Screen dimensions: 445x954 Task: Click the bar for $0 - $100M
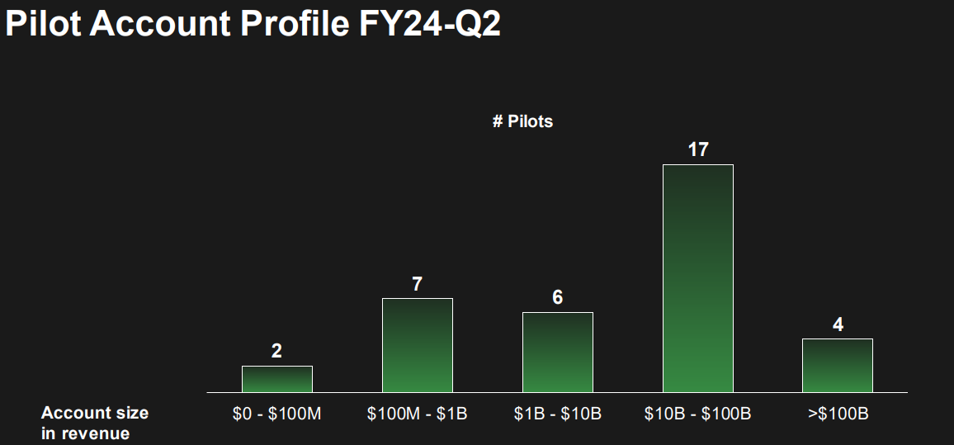(276, 379)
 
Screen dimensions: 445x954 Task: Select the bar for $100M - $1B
(417, 345)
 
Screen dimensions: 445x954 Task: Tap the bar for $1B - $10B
(557, 353)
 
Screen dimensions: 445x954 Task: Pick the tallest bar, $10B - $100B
(697, 278)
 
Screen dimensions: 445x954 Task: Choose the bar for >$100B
(838, 366)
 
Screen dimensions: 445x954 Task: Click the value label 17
(697, 150)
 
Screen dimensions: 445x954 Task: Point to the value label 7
(417, 284)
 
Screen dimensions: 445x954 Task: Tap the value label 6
(557, 297)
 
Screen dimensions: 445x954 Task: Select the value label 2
(276, 351)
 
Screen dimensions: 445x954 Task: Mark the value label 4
(838, 324)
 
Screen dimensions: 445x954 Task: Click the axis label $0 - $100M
(276, 414)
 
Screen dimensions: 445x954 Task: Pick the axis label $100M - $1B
(417, 414)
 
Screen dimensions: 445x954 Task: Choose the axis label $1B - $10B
(557, 414)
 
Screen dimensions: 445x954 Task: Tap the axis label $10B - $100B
(697, 414)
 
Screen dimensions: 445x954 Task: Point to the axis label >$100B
(838, 414)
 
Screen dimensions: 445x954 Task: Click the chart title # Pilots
(522, 121)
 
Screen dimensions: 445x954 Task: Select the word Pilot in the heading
(42, 24)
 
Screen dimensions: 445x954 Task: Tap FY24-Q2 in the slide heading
(429, 24)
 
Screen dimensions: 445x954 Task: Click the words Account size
(95, 413)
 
